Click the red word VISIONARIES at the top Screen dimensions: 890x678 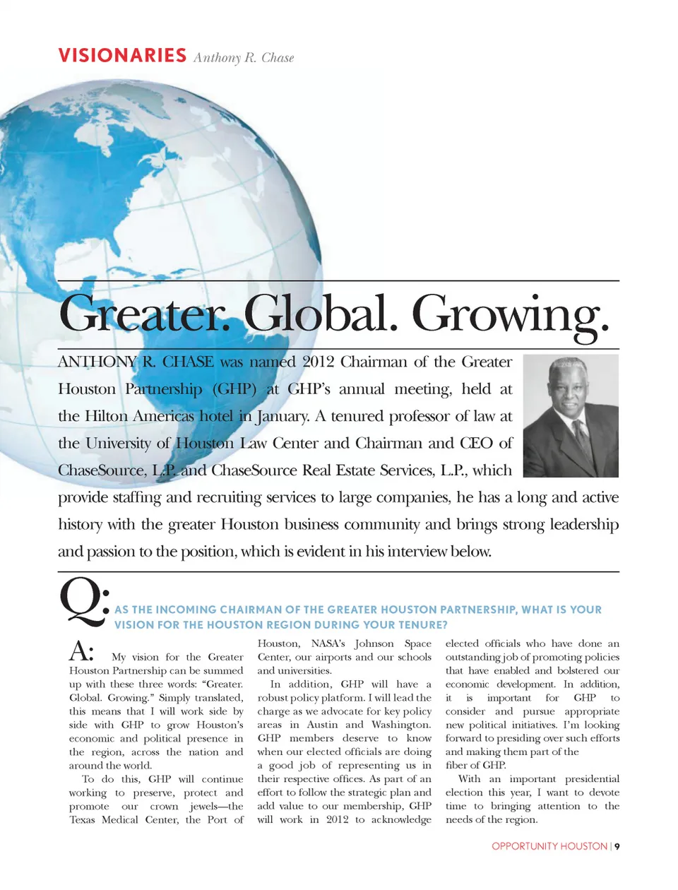pyautogui.click(x=122, y=55)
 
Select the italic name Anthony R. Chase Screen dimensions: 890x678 pyautogui.click(x=244, y=58)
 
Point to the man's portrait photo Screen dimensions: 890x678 pyautogui.click(x=571, y=415)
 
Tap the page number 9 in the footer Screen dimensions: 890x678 pyautogui.click(x=617, y=846)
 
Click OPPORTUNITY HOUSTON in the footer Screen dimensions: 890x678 pyautogui.click(x=549, y=846)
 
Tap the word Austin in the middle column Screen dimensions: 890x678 pyautogui.click(x=324, y=725)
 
